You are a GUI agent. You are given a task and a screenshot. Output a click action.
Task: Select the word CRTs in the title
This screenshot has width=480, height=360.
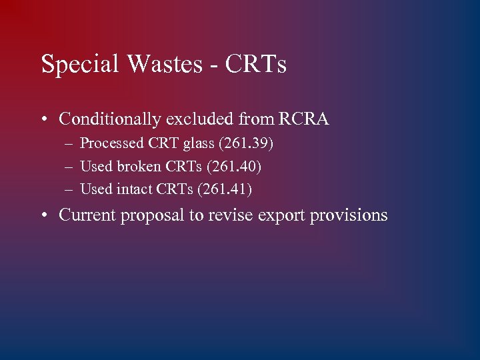click(x=256, y=65)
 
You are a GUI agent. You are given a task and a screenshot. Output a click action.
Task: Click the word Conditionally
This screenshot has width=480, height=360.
click(x=110, y=120)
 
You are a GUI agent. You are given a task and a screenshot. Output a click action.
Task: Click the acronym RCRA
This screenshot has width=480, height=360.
click(x=304, y=119)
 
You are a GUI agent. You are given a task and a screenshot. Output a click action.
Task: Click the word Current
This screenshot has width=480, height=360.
click(x=87, y=215)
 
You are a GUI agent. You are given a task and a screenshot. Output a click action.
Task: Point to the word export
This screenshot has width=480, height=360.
click(x=281, y=216)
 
